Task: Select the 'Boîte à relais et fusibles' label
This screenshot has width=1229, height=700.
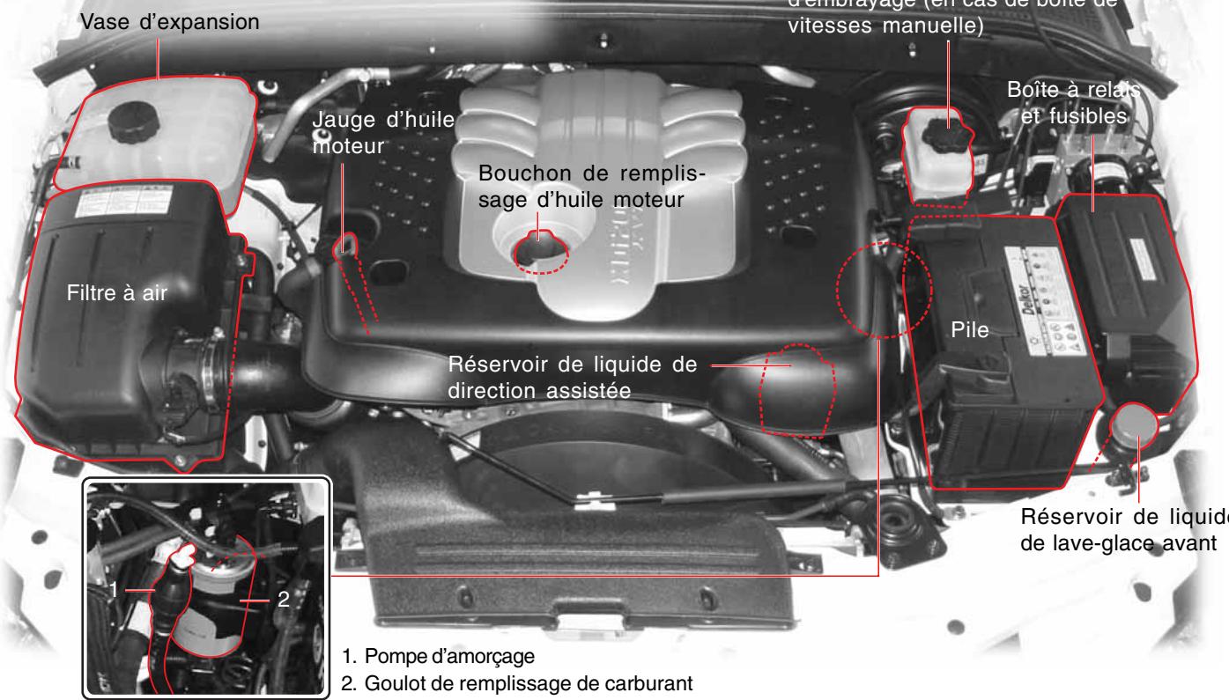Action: [x=1092, y=103]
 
